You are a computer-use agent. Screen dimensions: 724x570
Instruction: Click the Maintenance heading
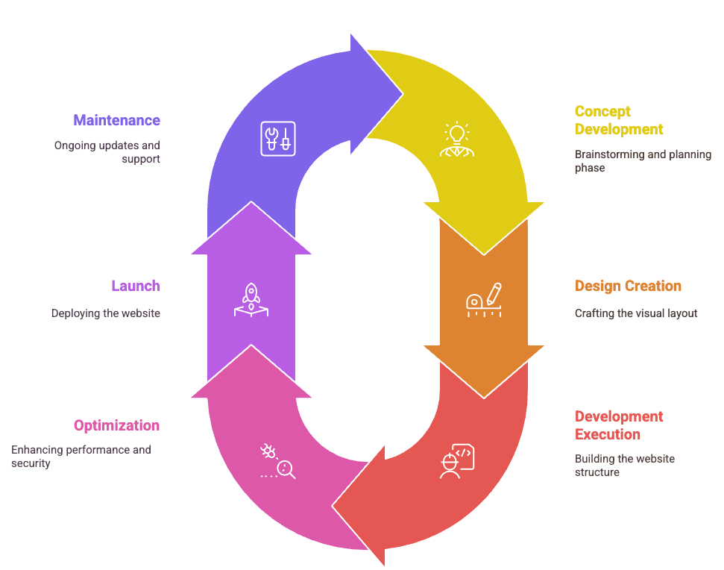click(117, 120)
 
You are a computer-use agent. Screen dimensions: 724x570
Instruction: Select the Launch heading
click(136, 286)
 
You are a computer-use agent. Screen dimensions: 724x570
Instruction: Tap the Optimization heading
click(117, 425)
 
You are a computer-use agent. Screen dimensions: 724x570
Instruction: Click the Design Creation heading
click(628, 286)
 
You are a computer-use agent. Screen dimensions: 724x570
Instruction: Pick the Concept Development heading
click(619, 120)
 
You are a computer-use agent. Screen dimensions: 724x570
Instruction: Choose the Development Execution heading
click(619, 425)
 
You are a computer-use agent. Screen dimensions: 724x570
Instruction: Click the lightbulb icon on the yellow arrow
click(457, 140)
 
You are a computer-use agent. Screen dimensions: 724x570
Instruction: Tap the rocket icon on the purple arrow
click(251, 300)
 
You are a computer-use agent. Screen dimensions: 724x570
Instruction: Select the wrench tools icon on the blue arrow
click(278, 139)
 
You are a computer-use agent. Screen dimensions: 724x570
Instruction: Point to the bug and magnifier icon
click(278, 461)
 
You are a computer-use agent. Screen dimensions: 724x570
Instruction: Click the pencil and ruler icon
click(484, 300)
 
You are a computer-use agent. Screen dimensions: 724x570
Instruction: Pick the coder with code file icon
click(457, 461)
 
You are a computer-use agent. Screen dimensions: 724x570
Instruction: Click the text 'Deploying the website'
click(106, 313)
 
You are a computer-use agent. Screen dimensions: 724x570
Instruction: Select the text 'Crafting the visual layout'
click(636, 313)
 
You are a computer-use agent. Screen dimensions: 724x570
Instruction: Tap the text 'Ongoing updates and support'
click(107, 152)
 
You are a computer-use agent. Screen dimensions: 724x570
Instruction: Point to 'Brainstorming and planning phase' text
click(643, 160)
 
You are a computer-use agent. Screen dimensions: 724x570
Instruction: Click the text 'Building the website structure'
click(625, 465)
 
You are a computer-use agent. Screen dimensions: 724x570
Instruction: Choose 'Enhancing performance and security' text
click(81, 457)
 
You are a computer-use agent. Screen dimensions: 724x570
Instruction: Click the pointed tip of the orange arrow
click(484, 398)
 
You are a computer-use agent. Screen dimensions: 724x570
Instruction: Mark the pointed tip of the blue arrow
click(403, 94)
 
